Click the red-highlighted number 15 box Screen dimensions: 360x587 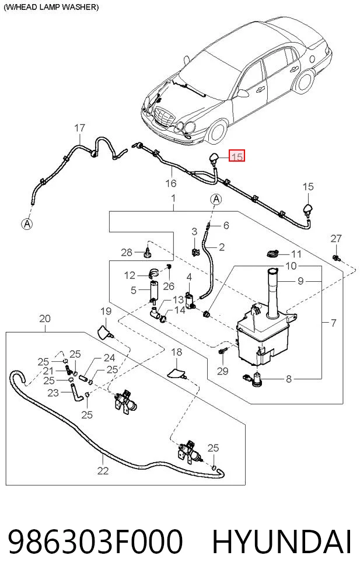237,155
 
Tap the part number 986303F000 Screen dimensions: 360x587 96,541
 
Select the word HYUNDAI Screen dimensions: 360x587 282,541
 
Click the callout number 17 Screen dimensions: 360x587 80,128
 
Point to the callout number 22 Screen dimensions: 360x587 103,470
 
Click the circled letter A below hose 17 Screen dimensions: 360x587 27,224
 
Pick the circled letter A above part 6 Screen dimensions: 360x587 216,200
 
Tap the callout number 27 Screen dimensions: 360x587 336,239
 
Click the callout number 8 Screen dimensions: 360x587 288,379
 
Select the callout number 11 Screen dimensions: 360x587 296,254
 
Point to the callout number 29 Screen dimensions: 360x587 223,371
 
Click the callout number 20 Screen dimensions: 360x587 45,319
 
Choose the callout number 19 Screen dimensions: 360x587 106,311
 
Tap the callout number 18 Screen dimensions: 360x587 177,352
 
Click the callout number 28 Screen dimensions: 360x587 127,252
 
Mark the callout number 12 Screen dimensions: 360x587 130,275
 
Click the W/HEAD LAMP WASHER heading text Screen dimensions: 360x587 51,7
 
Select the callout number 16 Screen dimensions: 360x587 170,183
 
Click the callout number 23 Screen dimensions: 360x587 53,392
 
